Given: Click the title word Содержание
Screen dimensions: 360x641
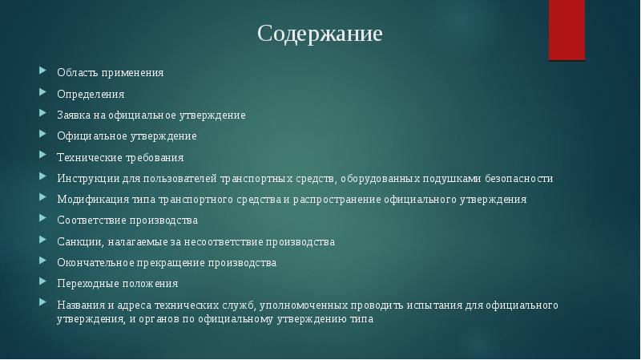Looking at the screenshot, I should click(x=320, y=34).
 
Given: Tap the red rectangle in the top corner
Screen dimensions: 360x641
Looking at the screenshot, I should click(x=566, y=30).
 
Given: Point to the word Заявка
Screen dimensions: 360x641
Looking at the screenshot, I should click(x=75, y=115).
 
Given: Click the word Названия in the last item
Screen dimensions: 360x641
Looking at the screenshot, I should click(x=80, y=305).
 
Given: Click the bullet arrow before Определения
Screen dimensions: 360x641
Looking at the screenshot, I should click(x=46, y=93).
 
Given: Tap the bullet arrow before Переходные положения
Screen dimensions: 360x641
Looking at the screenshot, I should click(x=46, y=282).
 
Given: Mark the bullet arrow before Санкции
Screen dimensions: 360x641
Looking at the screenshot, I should click(x=46, y=241).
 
